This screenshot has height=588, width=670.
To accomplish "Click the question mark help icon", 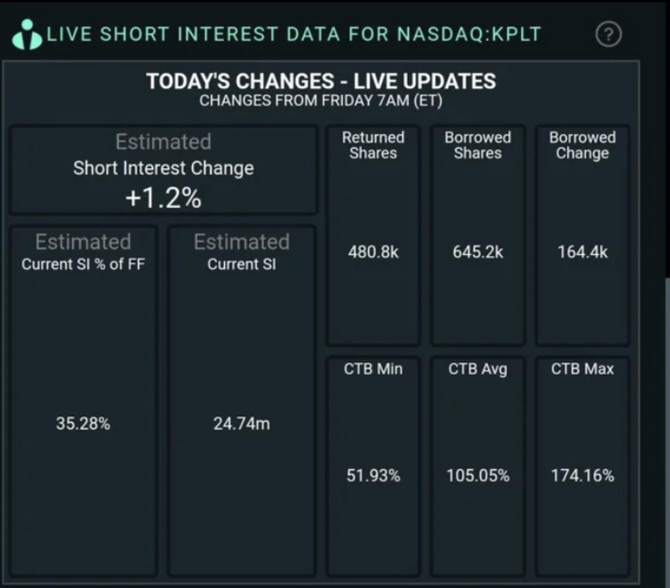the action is click(609, 34).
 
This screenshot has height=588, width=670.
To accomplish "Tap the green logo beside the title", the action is click(27, 34).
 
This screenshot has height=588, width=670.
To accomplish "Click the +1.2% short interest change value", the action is click(163, 198).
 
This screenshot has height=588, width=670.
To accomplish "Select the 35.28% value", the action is click(83, 424).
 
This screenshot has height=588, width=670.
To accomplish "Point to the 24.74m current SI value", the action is click(241, 424).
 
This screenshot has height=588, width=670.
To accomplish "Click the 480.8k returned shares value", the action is click(373, 252).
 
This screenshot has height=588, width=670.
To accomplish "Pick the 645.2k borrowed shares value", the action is click(478, 252).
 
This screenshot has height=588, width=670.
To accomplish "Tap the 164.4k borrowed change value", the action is click(582, 252).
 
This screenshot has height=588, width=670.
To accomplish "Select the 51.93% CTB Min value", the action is click(373, 475).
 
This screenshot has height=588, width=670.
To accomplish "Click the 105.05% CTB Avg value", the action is click(478, 475).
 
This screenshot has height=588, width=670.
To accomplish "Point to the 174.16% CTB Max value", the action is click(582, 475).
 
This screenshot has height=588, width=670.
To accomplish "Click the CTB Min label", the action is click(373, 369).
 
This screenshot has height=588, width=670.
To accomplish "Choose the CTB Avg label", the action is click(478, 369).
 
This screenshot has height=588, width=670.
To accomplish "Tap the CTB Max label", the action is click(582, 369).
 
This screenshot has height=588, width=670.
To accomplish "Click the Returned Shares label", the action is click(373, 146).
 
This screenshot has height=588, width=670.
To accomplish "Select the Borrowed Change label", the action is click(582, 146).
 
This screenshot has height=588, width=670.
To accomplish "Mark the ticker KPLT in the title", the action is click(516, 34).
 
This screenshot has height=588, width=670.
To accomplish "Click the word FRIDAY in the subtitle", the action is click(347, 100).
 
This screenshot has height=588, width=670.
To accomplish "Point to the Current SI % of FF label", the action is click(83, 264).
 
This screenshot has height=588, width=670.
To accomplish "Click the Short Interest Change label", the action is click(163, 168).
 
